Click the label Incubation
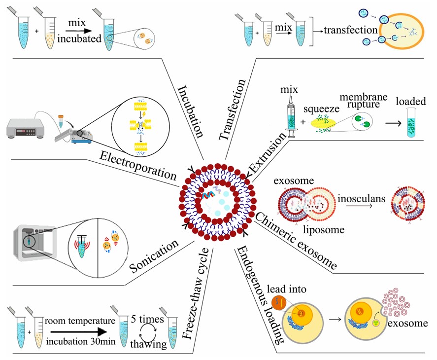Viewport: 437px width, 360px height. (191, 113)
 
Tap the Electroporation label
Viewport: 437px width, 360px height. (138, 165)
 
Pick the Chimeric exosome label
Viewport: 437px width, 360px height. (297, 239)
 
